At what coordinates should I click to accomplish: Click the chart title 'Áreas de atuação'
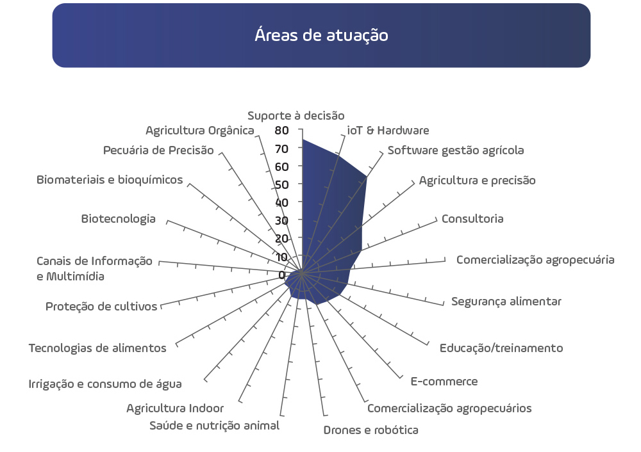pyautogui.click(x=321, y=35)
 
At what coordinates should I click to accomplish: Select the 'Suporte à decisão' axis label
pyautogui.click(x=296, y=115)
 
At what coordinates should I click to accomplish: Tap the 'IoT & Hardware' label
pyautogui.click(x=388, y=130)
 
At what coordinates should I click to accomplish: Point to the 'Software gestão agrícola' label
pyautogui.click(x=455, y=150)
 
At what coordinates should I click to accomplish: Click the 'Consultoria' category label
pyautogui.click(x=472, y=218)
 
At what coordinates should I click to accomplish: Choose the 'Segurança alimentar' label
pyautogui.click(x=506, y=302)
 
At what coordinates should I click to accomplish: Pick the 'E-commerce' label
pyautogui.click(x=444, y=382)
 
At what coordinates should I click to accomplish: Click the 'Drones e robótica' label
pyautogui.click(x=370, y=430)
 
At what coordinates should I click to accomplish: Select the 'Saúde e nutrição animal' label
pyautogui.click(x=214, y=426)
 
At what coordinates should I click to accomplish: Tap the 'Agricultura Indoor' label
pyautogui.click(x=175, y=408)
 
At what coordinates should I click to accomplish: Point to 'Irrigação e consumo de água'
pyautogui.click(x=105, y=384)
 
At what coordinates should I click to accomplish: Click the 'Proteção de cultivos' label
pyautogui.click(x=101, y=306)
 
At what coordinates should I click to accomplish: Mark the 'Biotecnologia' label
pyautogui.click(x=118, y=219)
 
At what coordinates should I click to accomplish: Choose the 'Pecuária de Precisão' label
pyautogui.click(x=158, y=150)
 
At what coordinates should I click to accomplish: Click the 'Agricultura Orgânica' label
pyautogui.click(x=200, y=131)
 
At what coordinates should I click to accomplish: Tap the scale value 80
pyautogui.click(x=281, y=130)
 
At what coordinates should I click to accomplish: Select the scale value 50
pyautogui.click(x=281, y=184)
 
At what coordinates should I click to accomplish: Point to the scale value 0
pyautogui.click(x=281, y=275)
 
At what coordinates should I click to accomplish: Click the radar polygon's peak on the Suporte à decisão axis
pyautogui.click(x=303, y=140)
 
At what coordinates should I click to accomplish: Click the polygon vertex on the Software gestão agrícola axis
pyautogui.click(x=367, y=177)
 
